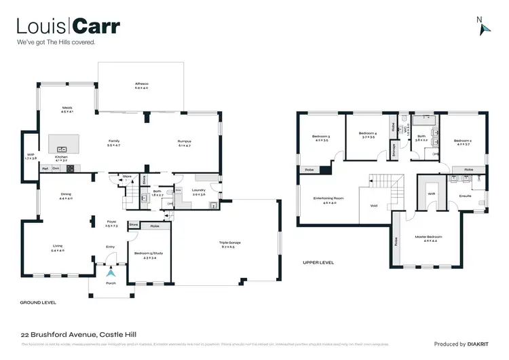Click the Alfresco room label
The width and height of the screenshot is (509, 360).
click(141, 84)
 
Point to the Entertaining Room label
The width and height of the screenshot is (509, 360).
click(328, 198)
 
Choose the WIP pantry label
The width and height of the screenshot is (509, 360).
click(31, 155)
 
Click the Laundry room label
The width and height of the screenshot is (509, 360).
click(199, 190)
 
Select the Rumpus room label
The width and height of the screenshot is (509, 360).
click(185, 141)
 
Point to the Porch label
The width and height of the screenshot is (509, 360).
click(111, 284)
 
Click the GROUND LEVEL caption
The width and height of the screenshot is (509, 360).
click(38, 302)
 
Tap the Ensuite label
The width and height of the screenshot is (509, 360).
click(465, 196)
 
